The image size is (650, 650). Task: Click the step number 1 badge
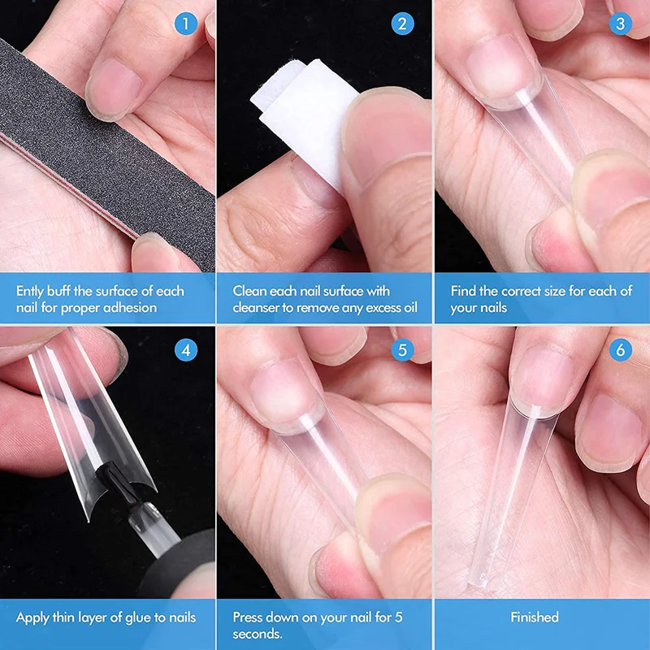186,24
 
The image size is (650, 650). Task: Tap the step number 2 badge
402,24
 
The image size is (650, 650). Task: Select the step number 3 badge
620,24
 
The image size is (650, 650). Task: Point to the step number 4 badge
186,350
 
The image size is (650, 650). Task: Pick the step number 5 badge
402,350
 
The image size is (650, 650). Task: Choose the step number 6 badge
620,350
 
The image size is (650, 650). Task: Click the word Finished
535,617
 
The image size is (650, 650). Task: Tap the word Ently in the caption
32,291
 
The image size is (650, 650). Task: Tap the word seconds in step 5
257,634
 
